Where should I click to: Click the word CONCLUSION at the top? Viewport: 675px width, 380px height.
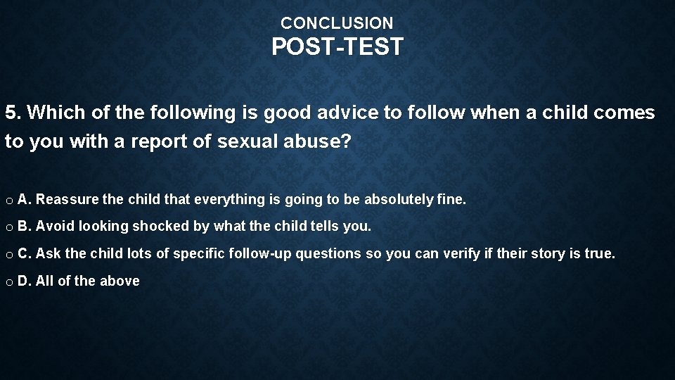click(x=337, y=23)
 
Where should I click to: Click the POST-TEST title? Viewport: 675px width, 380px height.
click(x=337, y=47)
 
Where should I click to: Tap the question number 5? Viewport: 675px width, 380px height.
click(x=11, y=113)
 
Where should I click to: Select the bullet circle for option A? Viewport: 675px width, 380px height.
click(x=8, y=201)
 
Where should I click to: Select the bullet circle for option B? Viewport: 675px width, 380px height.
click(x=8, y=227)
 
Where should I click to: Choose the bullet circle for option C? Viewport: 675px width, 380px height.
click(x=8, y=254)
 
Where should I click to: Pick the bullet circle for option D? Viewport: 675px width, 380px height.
click(x=8, y=281)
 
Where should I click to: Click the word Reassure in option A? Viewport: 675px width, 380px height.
click(x=67, y=200)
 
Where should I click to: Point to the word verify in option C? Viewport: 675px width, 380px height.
click(x=460, y=253)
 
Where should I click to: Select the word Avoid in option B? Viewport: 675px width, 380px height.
click(x=50, y=227)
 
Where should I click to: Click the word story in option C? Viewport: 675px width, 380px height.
click(x=537, y=253)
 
